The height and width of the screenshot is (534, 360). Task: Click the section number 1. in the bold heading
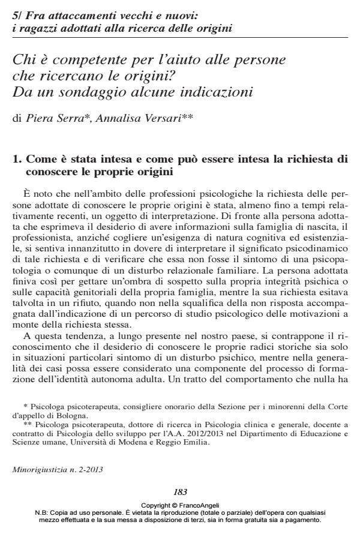coord(17,160)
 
